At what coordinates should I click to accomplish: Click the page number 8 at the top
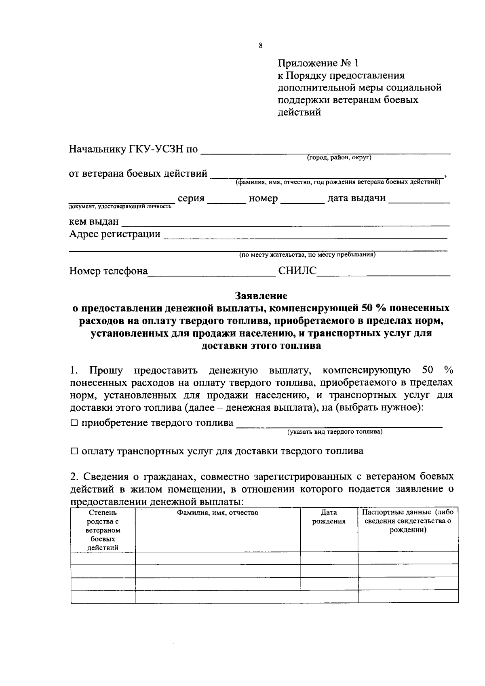pyautogui.click(x=260, y=46)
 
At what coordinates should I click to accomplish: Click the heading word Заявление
pyautogui.click(x=261, y=296)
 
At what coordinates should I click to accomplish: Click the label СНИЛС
pyautogui.click(x=297, y=271)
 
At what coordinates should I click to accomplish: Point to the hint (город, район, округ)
pyautogui.click(x=339, y=158)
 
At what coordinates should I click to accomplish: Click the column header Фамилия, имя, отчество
pyautogui.click(x=217, y=513)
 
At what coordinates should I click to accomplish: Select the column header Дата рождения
pyautogui.click(x=329, y=517)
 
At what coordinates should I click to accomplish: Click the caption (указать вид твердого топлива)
pyautogui.click(x=335, y=432)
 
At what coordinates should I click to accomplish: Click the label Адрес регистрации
pyautogui.click(x=114, y=234)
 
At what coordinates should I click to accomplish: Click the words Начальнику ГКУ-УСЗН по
pyautogui.click(x=133, y=150)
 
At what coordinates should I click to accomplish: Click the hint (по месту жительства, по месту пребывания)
pyautogui.click(x=307, y=255)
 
